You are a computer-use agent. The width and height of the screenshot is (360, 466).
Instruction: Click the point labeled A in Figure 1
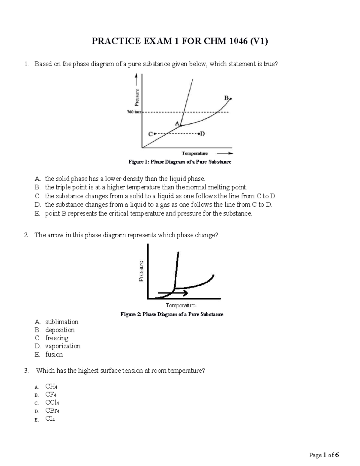181,126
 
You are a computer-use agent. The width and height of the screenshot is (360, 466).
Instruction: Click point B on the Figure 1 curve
230,98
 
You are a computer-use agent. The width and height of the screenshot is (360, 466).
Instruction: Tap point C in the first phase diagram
154,134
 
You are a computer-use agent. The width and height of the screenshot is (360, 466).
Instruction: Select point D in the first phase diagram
199,134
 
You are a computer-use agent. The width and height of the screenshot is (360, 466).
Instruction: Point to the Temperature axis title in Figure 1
195,153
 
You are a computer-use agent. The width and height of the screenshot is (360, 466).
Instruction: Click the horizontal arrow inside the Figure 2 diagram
173,292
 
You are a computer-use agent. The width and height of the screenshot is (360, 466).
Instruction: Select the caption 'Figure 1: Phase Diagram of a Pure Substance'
180,162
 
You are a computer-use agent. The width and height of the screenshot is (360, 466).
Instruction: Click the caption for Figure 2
172,314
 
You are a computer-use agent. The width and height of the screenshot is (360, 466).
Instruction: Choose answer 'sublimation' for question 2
61,322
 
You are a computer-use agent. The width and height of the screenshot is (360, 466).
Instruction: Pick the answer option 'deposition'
60,330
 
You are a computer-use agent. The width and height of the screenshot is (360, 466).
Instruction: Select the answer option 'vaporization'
63,346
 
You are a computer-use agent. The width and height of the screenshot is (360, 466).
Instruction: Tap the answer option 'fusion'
54,354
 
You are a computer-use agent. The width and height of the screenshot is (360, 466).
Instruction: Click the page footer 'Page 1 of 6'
324,455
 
